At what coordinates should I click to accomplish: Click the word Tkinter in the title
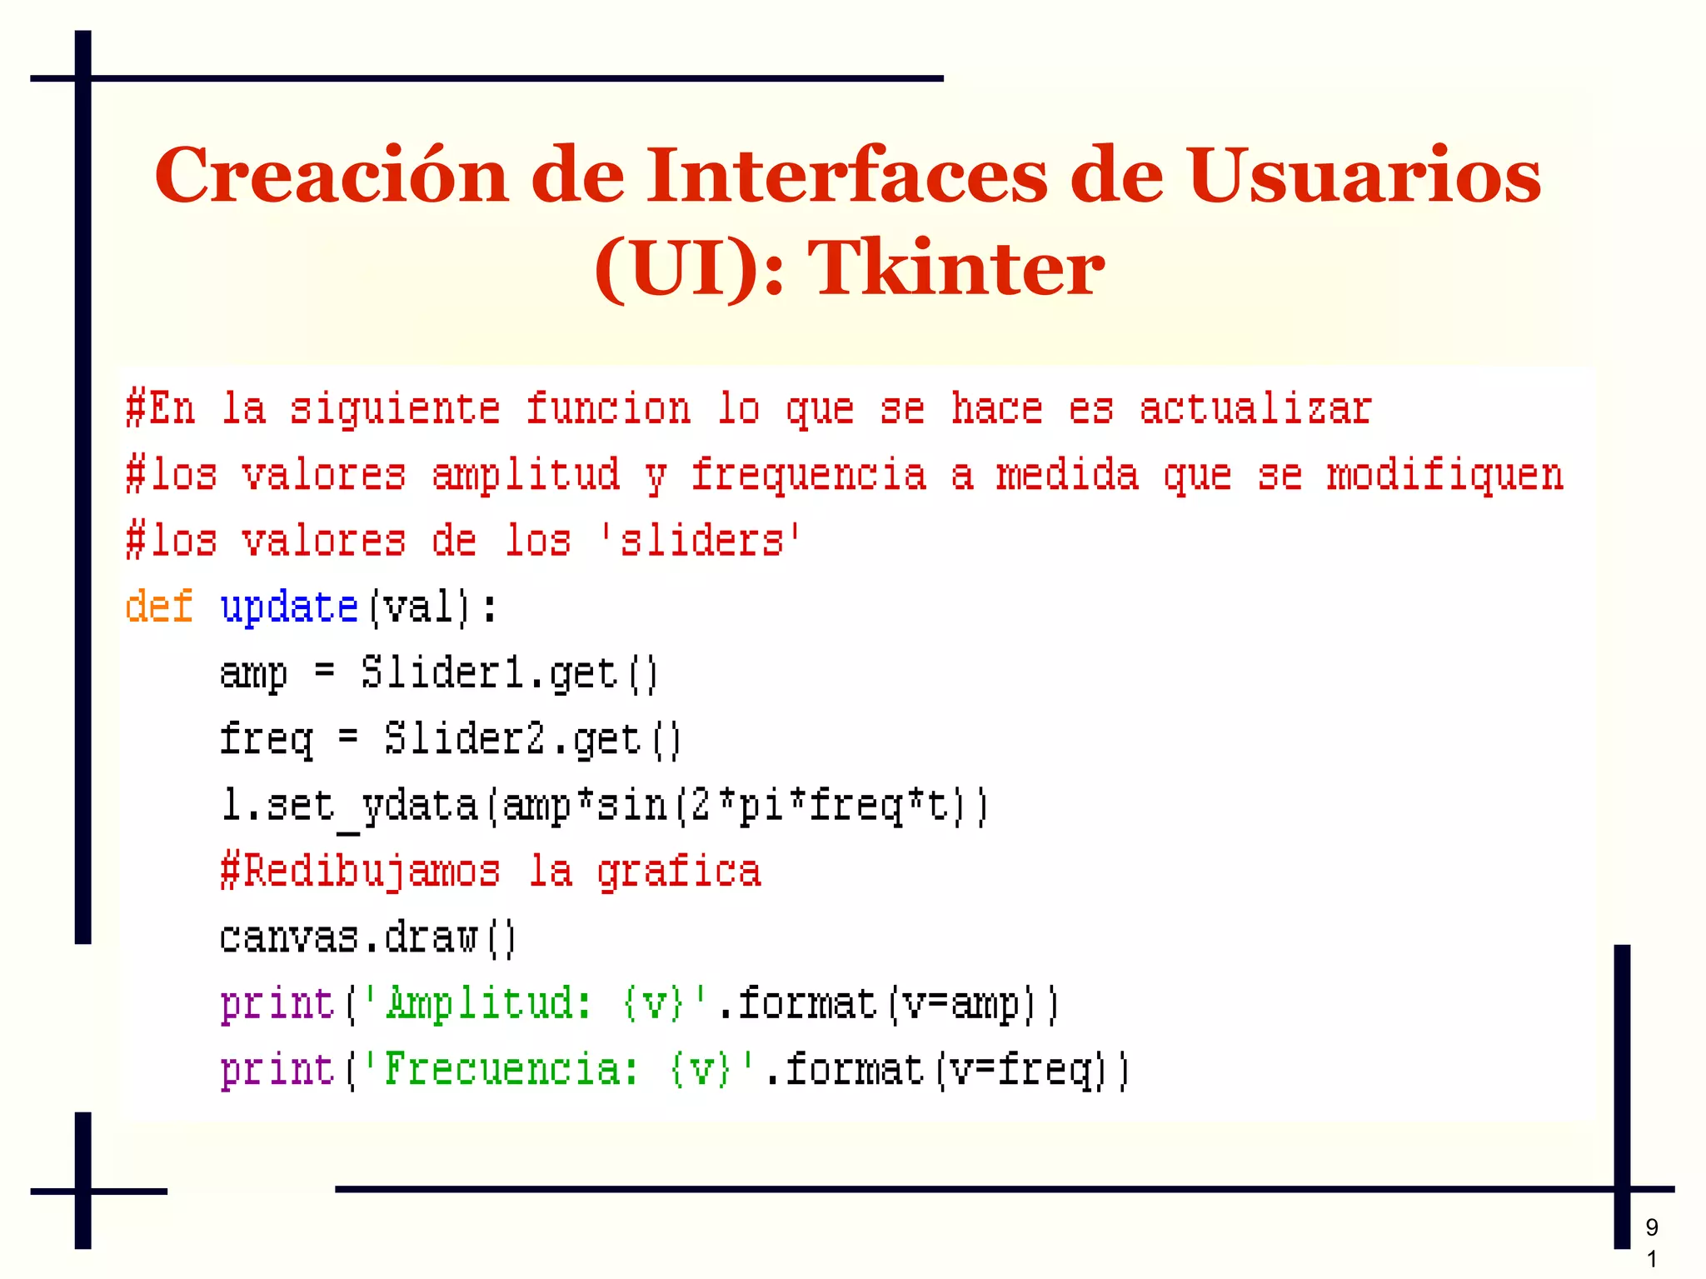coord(955,267)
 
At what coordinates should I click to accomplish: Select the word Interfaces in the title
coord(846,176)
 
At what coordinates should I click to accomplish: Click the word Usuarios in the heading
coord(1364,176)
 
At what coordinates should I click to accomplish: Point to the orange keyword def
coord(158,606)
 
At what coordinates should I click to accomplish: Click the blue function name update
coord(289,607)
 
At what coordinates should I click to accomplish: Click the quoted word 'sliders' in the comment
coord(701,541)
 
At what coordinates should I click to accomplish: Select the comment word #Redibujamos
coord(360,872)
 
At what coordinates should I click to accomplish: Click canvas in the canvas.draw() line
coord(288,938)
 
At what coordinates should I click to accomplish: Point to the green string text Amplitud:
coord(488,1003)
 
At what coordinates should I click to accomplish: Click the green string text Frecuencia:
coord(511,1070)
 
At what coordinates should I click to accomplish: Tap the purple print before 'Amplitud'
coord(277,1004)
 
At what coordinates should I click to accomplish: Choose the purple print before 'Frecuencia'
coord(277,1071)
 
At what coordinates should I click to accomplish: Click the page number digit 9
coord(1652,1227)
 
